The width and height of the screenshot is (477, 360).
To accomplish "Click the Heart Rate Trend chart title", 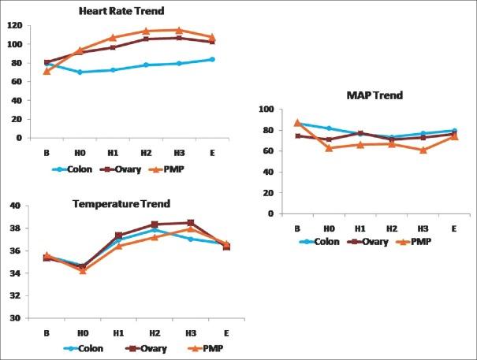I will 115,13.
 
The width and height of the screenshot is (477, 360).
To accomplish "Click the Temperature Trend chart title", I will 115,202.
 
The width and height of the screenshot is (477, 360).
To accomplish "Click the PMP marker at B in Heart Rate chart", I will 47,71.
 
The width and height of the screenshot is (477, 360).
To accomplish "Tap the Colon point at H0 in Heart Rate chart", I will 80,72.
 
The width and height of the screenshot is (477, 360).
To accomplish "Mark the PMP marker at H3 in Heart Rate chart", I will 178,30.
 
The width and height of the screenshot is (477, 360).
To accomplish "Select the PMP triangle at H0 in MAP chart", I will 329,147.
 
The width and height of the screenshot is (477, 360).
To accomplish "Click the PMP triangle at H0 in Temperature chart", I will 82,270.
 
